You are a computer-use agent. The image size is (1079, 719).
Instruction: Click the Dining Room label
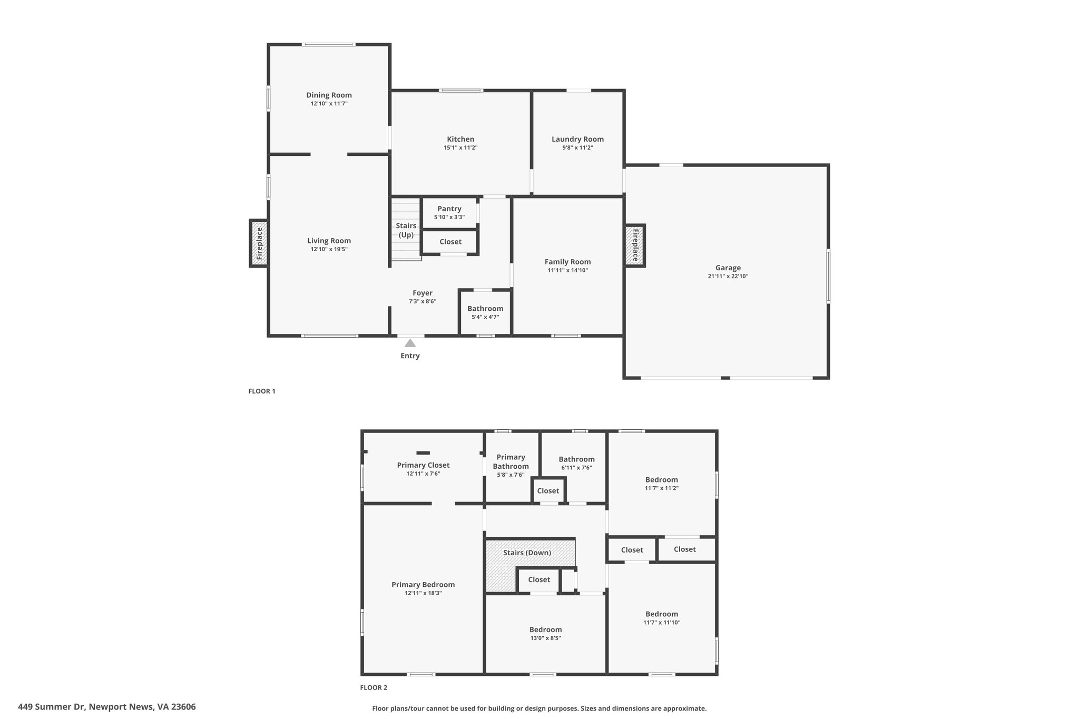[x=329, y=95]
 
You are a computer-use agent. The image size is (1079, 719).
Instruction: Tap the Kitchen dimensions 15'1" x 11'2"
[x=460, y=148]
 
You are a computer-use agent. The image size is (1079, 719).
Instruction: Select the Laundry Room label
[x=577, y=139]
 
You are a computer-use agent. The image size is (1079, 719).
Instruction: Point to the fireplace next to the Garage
[x=635, y=245]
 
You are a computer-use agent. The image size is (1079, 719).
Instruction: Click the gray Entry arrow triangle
[x=410, y=343]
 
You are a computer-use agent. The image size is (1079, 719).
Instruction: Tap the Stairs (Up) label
[x=406, y=230]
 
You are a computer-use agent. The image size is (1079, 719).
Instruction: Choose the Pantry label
[x=449, y=209]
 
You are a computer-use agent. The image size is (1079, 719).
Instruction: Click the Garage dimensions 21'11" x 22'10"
[x=728, y=277]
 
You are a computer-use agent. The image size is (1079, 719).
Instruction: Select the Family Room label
[x=567, y=262]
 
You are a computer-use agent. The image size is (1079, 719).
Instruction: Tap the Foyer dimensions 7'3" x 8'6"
[x=422, y=302]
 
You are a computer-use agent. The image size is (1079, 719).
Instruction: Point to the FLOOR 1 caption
[x=262, y=391]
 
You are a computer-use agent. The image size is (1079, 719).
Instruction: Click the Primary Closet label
[x=423, y=465]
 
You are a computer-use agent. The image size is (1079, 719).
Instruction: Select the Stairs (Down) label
[x=527, y=553]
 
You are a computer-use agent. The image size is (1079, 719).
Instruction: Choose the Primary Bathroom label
[x=511, y=461]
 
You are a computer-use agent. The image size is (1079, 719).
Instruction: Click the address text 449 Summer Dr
[x=106, y=707]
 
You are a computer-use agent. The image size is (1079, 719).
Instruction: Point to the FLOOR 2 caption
[x=374, y=687]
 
